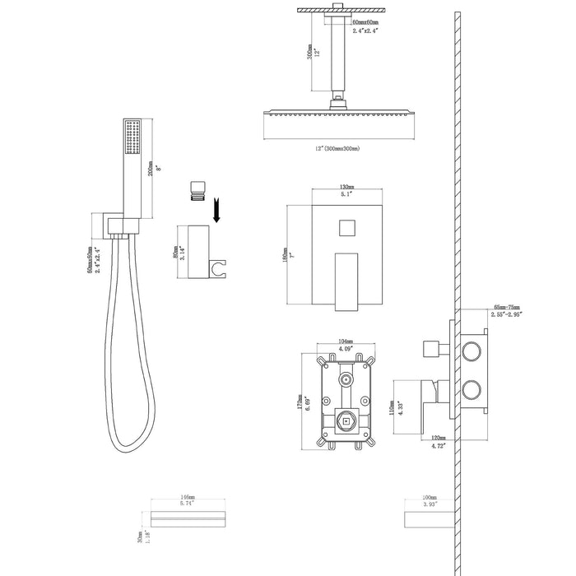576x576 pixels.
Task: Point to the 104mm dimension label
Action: [x=346, y=341]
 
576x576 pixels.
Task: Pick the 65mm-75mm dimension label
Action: [x=505, y=305]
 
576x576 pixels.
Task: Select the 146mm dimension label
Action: [x=190, y=499]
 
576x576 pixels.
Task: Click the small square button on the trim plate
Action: [x=346, y=225]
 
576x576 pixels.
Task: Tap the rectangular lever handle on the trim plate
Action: [x=346, y=282]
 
